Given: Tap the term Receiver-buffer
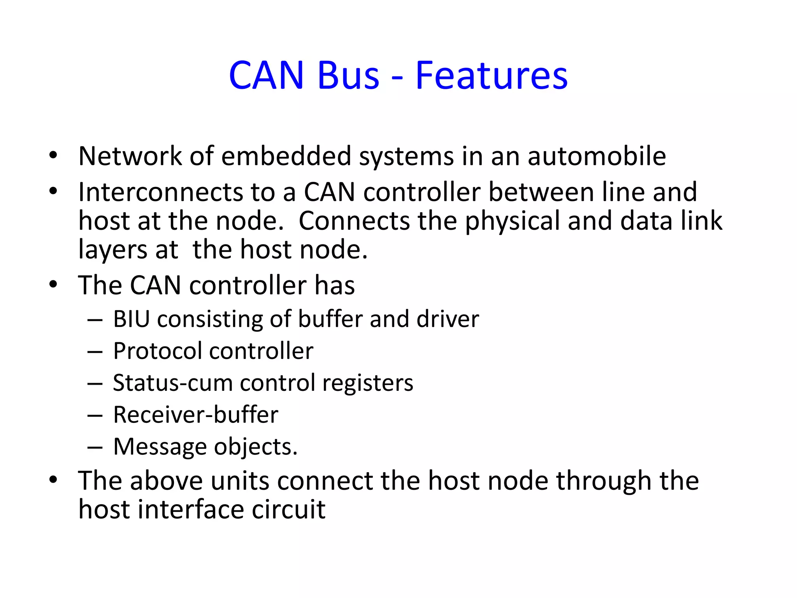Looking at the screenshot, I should click(196, 415).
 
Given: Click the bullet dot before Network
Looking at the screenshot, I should click(53, 156).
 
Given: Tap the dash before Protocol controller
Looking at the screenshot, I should click(95, 352).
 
